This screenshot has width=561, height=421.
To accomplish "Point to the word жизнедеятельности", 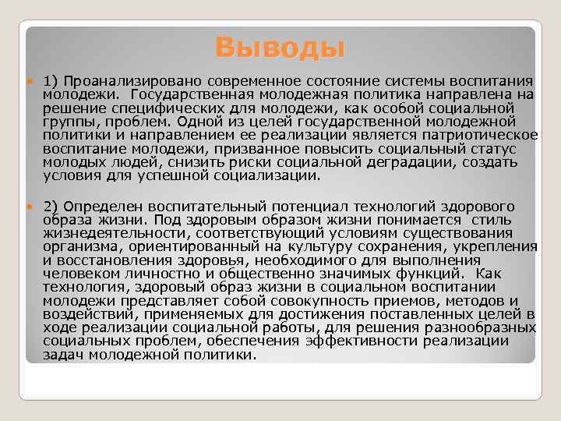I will tap(116, 233).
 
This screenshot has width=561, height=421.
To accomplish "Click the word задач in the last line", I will tap(63, 355).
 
